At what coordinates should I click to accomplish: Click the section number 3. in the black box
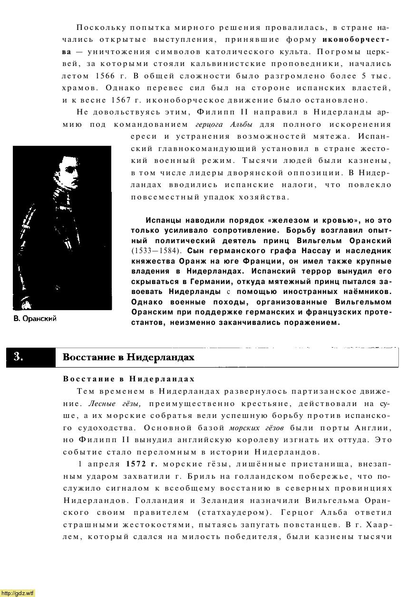[x=18, y=357]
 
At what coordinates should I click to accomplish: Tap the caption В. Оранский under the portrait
[x=35, y=319]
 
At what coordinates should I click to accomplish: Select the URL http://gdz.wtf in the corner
[x=18, y=593]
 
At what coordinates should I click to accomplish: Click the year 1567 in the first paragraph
[x=121, y=100]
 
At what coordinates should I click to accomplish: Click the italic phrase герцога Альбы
[x=223, y=125]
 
